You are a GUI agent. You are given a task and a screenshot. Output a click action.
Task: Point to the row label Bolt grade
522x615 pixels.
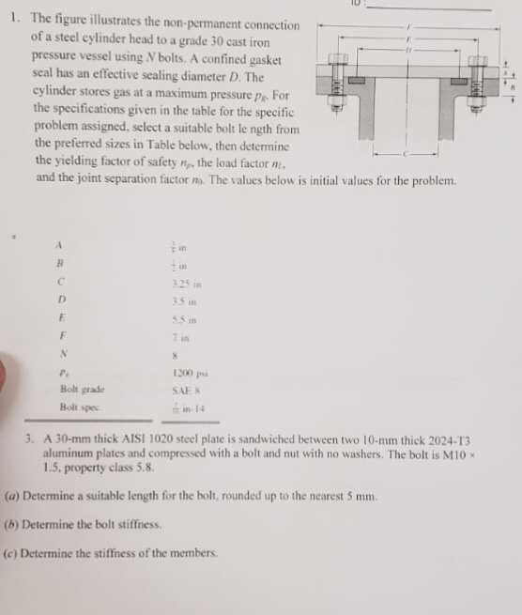[82, 389]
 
